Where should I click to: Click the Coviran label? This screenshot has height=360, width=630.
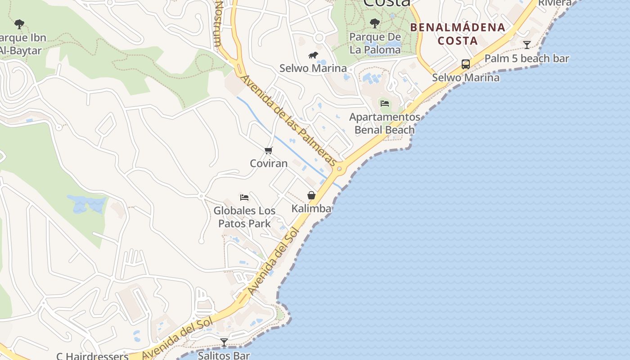pos(269,163)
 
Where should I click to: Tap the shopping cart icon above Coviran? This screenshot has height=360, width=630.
pos(269,150)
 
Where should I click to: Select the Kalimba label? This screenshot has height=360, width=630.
pos(311,208)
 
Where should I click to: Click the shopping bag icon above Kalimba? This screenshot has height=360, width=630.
pos(311,195)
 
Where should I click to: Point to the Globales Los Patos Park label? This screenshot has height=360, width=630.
pos(244,217)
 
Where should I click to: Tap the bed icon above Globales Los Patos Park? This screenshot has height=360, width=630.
pos(244,198)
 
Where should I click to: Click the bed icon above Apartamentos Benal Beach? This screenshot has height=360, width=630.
pos(385,103)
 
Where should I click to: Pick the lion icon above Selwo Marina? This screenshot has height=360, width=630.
pos(313,55)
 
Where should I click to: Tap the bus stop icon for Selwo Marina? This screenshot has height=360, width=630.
pos(466,64)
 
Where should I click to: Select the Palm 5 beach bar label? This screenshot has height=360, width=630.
pos(527,58)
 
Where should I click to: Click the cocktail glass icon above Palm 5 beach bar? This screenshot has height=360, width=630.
pos(527,45)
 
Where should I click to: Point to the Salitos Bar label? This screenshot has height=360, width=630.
pos(224,355)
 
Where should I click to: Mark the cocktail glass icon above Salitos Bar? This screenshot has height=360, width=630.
pos(224,342)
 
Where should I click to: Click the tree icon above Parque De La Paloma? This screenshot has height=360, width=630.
pos(375,23)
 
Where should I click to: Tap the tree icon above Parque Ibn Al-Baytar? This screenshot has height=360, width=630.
pos(19,24)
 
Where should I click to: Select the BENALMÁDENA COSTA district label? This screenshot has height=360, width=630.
pos(458,34)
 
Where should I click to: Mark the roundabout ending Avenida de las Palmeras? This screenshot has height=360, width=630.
pos(339,169)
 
